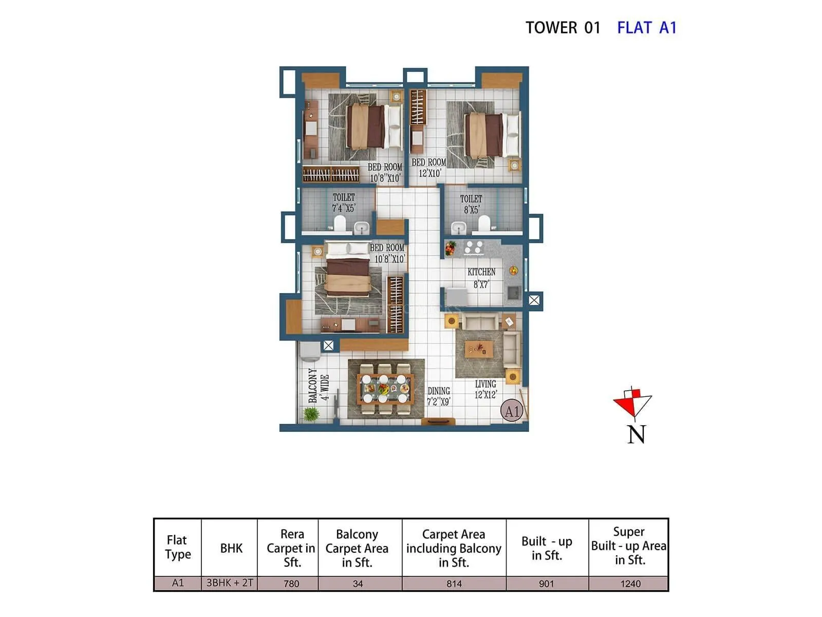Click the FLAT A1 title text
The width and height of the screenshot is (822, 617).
click(x=646, y=27)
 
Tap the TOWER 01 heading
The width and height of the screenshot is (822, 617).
click(x=563, y=27)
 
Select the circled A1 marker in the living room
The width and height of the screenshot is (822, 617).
click(x=512, y=411)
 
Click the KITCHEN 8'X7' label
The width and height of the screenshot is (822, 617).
click(x=481, y=278)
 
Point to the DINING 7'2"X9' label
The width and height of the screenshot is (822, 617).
click(x=439, y=396)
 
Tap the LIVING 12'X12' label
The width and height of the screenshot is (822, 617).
click(x=485, y=389)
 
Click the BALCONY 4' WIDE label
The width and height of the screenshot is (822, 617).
click(x=318, y=386)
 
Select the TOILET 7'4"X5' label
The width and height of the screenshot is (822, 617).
click(x=344, y=203)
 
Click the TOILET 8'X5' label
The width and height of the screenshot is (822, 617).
click(x=471, y=204)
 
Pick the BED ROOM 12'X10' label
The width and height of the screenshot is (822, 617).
click(x=429, y=168)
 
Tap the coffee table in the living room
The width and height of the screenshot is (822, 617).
click(x=479, y=350)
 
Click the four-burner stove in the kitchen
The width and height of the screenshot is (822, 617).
click(x=473, y=247)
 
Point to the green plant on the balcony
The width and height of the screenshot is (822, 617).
click(x=311, y=414)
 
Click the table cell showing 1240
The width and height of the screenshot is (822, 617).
click(x=630, y=584)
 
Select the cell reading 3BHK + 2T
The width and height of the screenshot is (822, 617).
click(x=230, y=583)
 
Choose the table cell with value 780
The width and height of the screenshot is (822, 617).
click(x=291, y=584)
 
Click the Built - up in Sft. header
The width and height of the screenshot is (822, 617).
click(x=547, y=548)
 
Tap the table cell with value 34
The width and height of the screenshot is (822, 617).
click(x=358, y=584)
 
